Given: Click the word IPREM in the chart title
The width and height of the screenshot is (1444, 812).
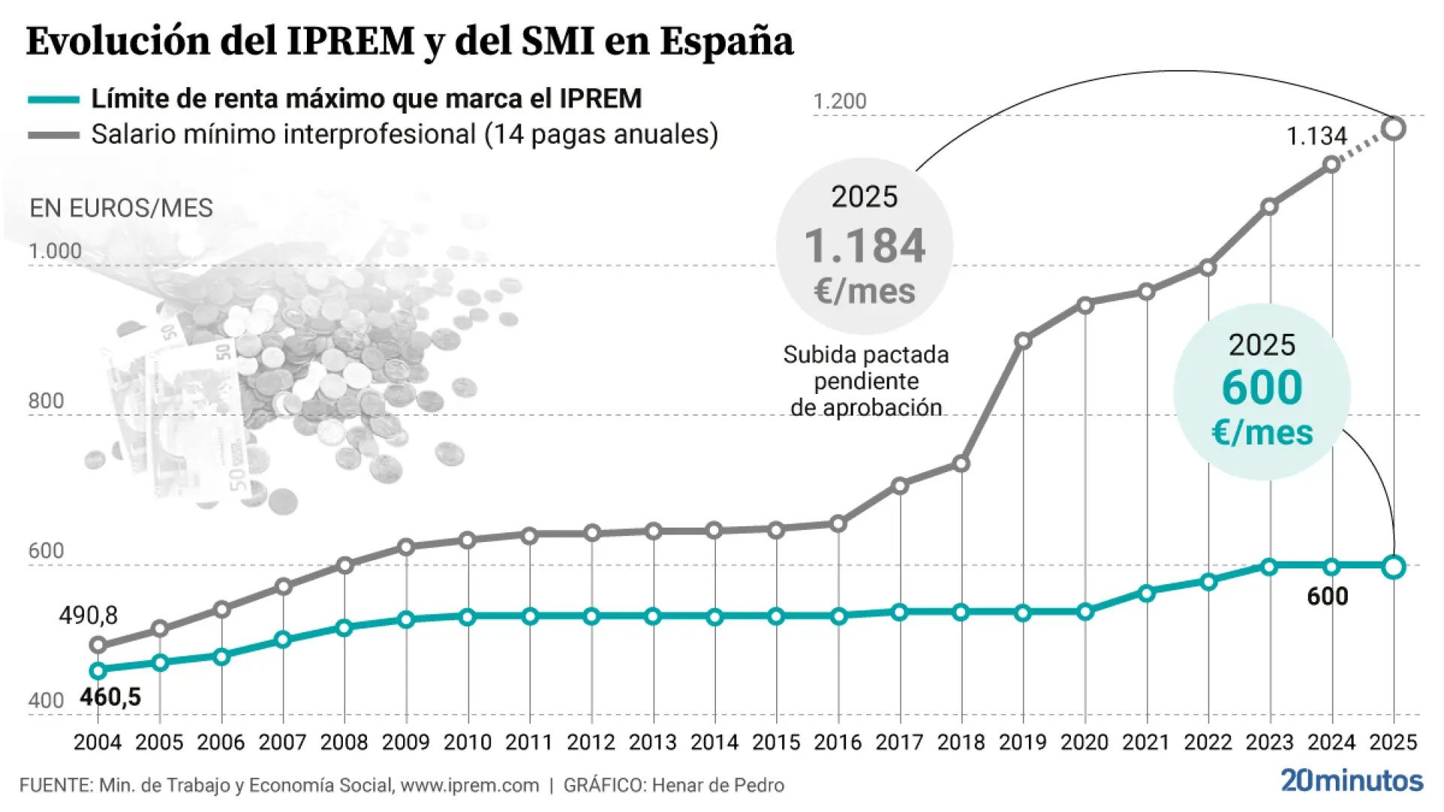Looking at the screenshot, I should pos(350,41).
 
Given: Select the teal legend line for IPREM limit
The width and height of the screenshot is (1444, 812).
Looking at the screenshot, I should pos(53,99).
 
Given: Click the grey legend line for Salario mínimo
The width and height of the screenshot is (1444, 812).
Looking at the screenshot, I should pos(53,135).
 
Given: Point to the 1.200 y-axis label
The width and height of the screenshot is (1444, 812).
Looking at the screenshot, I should pos(840,101).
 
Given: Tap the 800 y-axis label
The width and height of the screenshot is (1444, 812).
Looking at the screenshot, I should pos(46,401).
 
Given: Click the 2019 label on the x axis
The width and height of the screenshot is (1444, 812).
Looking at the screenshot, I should pos(1022,742).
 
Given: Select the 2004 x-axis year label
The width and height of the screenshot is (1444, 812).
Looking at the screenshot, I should pos(97,742).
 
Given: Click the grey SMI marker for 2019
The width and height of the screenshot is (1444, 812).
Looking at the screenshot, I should pos(1023,341).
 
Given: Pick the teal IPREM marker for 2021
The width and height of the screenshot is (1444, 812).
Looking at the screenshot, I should pos(1146,593).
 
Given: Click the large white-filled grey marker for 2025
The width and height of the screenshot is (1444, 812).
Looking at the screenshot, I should pos(1394,129).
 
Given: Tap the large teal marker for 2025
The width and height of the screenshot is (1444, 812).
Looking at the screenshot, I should pos(1394,567).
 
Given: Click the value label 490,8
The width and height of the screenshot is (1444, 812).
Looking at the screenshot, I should pos(88,616).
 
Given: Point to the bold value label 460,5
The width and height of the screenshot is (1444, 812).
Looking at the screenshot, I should pos(111,697).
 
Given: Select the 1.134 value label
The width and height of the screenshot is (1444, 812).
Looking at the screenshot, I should pos(1316,136).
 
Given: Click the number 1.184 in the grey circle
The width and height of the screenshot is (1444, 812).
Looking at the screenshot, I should pos(865,246).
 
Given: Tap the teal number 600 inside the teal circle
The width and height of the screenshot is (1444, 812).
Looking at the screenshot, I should pos(1262,387).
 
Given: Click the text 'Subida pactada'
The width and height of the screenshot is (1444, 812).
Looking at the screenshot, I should pos(866,355).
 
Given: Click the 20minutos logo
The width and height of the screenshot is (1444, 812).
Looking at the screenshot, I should pos(1351,780).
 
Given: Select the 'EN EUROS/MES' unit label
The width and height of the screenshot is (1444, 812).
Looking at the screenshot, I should pos(121,208).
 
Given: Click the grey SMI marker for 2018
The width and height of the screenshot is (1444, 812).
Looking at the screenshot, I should pos(961,464).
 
